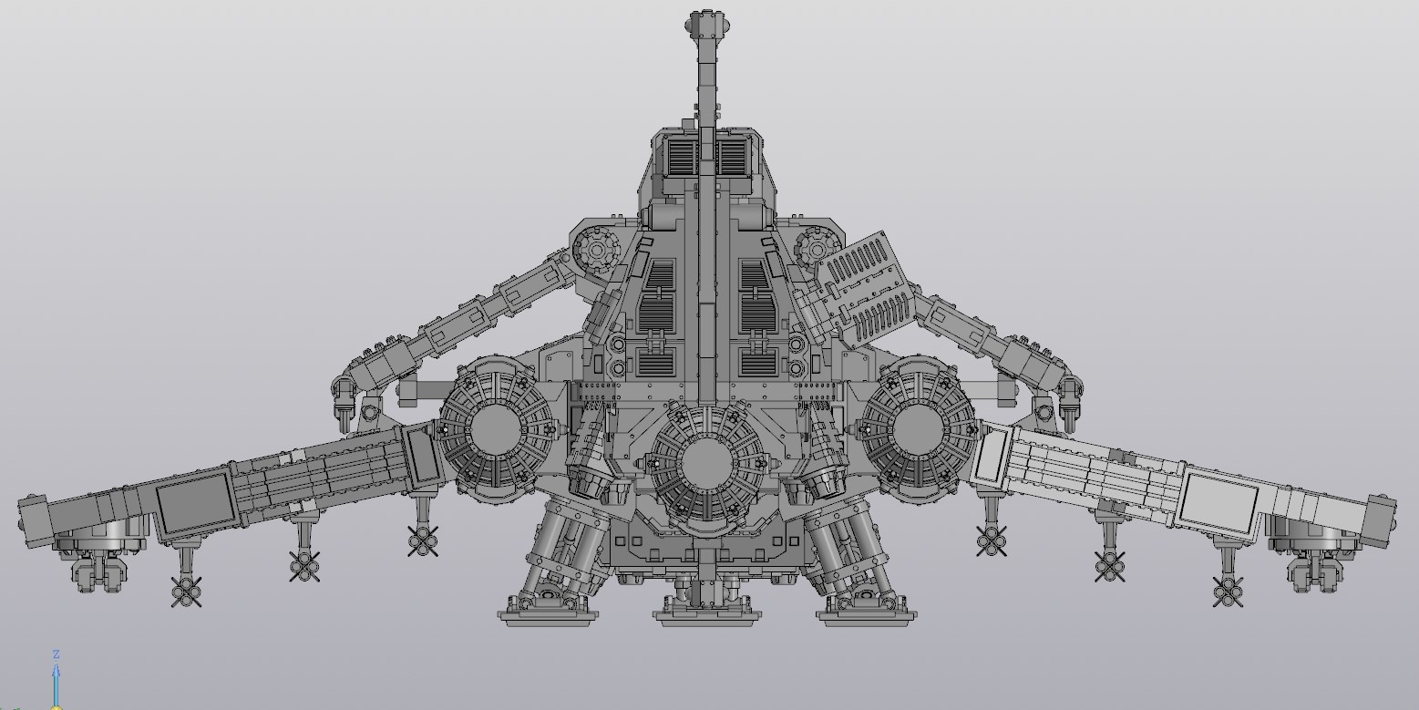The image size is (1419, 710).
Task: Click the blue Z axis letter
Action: point(57,654)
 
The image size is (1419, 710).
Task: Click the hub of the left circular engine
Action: point(495,430)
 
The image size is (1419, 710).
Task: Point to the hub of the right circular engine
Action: point(919,430)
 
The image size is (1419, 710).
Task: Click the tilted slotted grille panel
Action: point(865,289)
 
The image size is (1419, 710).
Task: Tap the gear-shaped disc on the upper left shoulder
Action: point(596,249)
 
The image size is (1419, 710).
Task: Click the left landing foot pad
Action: point(548,615)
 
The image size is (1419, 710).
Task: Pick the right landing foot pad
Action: point(867,615)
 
